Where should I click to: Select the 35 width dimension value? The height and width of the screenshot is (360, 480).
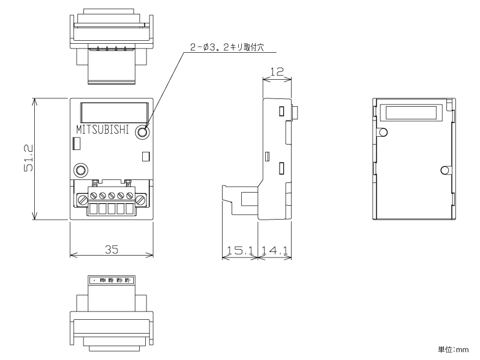(x=112, y=249)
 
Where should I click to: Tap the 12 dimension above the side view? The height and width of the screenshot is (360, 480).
(x=277, y=71)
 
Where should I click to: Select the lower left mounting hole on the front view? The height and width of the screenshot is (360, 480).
(x=80, y=170)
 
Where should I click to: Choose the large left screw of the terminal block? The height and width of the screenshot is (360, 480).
(x=83, y=196)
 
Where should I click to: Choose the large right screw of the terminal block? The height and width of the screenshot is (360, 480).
(x=140, y=196)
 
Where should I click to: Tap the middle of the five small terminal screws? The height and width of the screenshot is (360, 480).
(x=111, y=196)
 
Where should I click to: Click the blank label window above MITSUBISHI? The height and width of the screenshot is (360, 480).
(x=113, y=112)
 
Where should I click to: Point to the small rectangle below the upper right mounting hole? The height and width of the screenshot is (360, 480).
(x=145, y=157)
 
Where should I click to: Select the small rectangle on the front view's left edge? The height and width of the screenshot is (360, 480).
(x=76, y=143)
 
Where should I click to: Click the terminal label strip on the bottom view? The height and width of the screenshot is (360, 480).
(x=112, y=280)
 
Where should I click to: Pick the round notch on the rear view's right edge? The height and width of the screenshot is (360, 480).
(x=444, y=170)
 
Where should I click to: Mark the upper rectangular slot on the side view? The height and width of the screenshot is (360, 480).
(x=281, y=111)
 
